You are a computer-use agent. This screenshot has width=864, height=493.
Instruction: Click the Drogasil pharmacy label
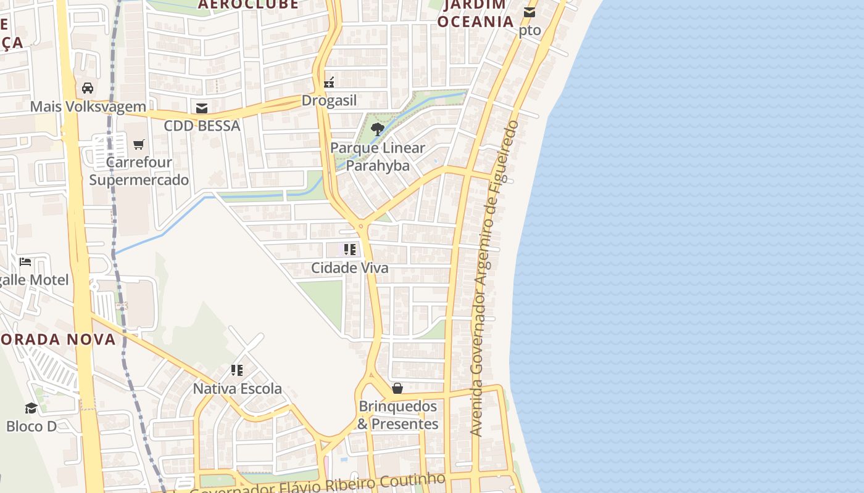click(x=329, y=100)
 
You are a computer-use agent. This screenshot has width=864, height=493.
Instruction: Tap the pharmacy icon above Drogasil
click(x=329, y=83)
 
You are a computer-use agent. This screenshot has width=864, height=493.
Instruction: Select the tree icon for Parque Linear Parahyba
click(x=377, y=129)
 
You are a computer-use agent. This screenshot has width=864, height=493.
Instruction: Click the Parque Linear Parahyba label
click(x=377, y=157)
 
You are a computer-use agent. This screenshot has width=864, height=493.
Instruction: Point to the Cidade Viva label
click(x=350, y=268)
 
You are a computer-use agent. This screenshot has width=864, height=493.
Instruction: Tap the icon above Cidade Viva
click(x=350, y=250)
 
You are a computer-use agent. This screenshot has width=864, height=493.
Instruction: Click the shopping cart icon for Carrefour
click(x=139, y=144)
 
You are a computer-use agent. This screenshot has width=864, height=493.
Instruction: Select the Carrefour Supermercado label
click(x=139, y=171)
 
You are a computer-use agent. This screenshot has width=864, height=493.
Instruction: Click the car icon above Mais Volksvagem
click(x=88, y=88)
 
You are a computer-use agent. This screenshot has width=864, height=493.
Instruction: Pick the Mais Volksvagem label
click(x=88, y=107)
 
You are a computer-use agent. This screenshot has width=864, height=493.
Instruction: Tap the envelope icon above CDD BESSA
click(x=202, y=108)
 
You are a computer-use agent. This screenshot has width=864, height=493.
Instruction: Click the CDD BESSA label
click(x=202, y=126)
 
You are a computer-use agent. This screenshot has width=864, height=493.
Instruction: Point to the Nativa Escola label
click(x=238, y=389)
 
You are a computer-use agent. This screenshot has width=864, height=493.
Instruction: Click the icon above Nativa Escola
click(x=237, y=370)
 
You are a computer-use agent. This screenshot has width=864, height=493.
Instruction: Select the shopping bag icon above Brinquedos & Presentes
click(x=397, y=388)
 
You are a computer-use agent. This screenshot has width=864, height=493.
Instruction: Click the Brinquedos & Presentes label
click(x=398, y=415)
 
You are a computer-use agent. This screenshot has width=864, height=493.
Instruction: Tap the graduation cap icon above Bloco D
click(x=31, y=408)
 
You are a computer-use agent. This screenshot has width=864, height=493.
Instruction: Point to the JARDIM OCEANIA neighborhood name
click(x=475, y=13)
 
